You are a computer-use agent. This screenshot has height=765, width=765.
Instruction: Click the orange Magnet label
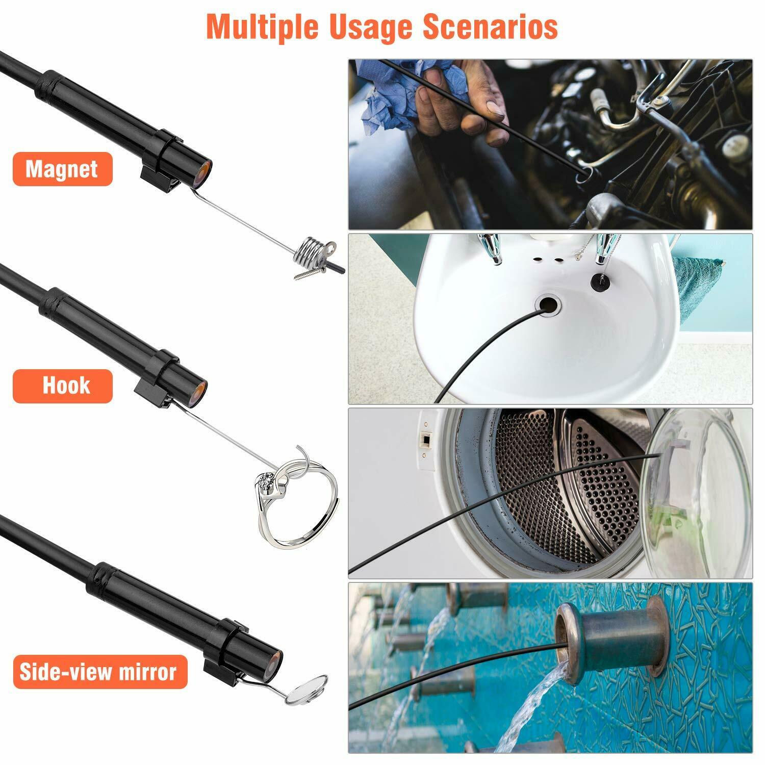(62, 169)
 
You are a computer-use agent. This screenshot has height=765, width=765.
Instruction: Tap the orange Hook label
(62, 386)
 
